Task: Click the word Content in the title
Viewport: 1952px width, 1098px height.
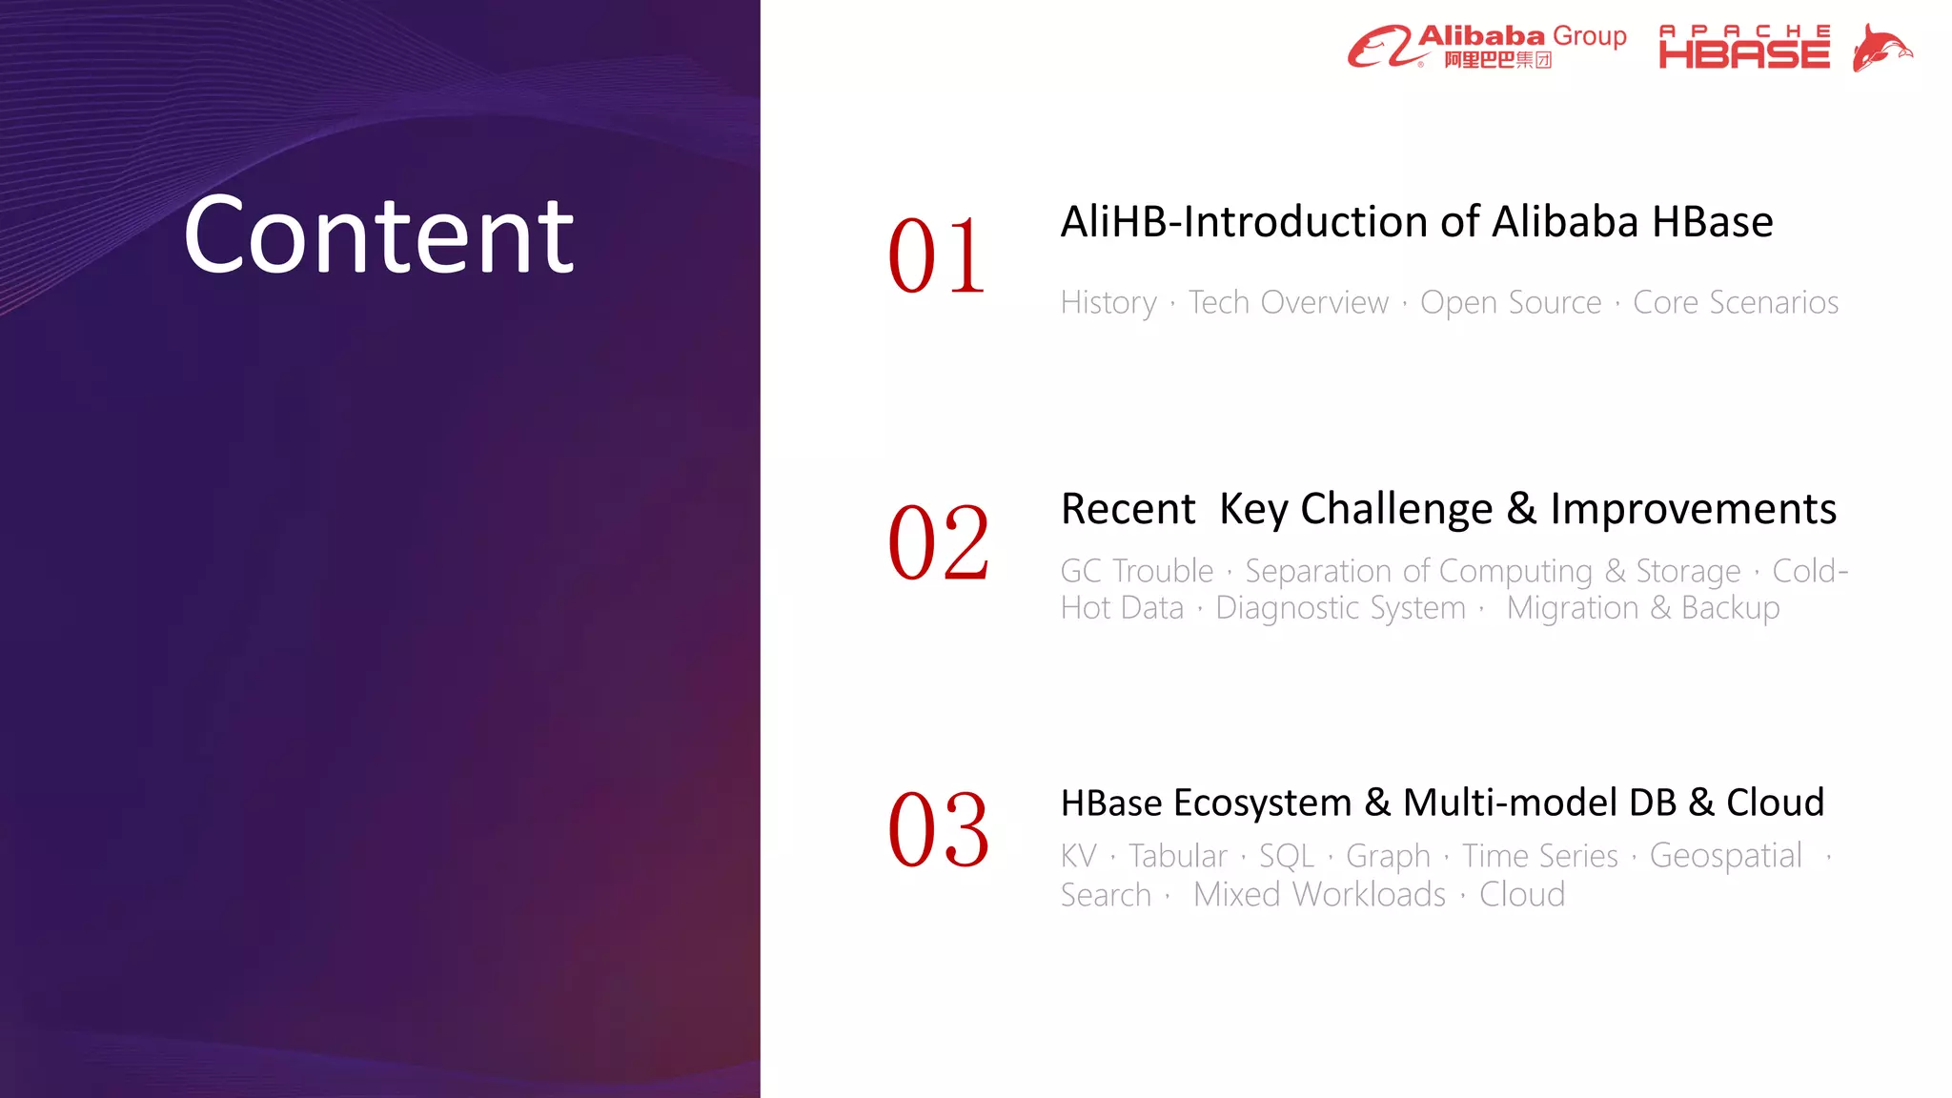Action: click(x=378, y=235)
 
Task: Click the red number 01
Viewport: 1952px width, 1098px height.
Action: click(x=937, y=255)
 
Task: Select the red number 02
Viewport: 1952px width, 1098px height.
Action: click(x=939, y=542)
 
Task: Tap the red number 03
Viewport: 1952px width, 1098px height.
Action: click(x=939, y=829)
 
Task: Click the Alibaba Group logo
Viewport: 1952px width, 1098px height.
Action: click(x=1487, y=47)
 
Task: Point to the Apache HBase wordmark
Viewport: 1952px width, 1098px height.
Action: click(x=1744, y=48)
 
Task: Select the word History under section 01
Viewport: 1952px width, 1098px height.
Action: click(x=1108, y=302)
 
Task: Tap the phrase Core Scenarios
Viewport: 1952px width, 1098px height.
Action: click(x=1735, y=302)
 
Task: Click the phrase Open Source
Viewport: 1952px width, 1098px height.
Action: click(x=1511, y=302)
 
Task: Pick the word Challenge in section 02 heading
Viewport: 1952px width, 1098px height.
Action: click(x=1396, y=509)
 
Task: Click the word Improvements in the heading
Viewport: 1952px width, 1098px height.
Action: click(x=1693, y=509)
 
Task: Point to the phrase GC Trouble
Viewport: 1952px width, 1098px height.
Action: click(x=1137, y=571)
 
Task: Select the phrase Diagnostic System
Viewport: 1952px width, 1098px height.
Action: click(x=1340, y=608)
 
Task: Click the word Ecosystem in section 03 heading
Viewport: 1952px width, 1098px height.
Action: click(x=1262, y=803)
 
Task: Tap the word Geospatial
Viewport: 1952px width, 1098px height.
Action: click(x=1725, y=856)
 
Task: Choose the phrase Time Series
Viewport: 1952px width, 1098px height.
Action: click(x=1539, y=856)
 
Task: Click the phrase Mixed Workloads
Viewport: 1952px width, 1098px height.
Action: click(x=1319, y=895)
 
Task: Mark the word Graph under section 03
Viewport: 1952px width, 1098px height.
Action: click(x=1388, y=856)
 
